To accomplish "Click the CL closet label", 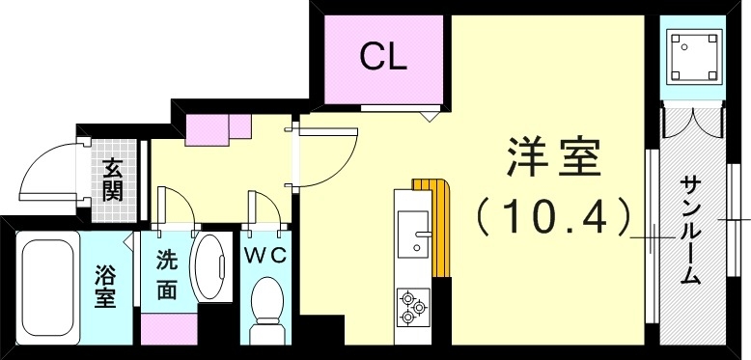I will tap(383, 57).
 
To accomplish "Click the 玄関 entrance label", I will tap(114, 178).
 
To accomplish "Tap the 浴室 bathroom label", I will tap(105, 286).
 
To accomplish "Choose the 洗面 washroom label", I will tap(166, 274).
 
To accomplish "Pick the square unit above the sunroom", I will tap(692, 56).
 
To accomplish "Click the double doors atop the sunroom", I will tap(692, 123).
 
